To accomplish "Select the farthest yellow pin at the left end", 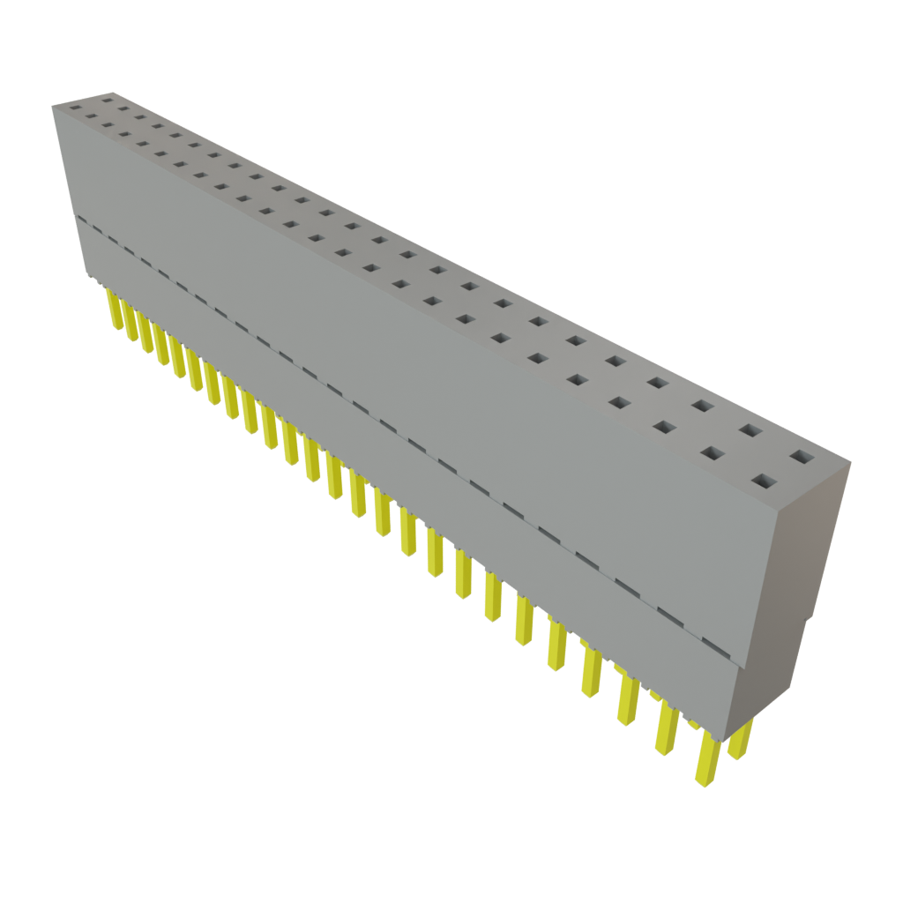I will (x=113, y=309).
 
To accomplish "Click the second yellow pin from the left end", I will (x=130, y=322).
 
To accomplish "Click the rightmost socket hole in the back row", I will (x=802, y=457).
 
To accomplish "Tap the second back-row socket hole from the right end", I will (x=750, y=430).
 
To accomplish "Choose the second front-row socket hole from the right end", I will (x=713, y=453).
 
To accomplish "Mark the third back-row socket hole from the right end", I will (x=703, y=406).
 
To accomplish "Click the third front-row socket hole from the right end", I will (x=664, y=428).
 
